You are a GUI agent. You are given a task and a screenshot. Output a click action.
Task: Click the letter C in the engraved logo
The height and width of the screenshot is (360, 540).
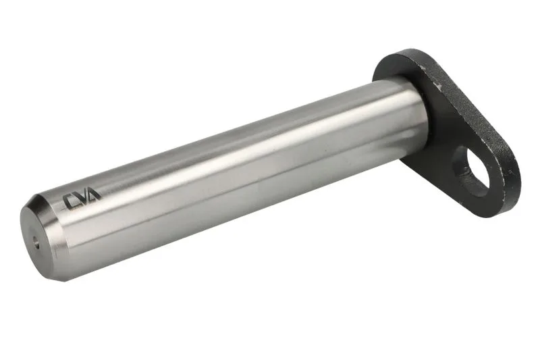point(71,201)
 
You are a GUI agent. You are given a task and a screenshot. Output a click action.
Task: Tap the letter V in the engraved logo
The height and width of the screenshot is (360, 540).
point(82,198)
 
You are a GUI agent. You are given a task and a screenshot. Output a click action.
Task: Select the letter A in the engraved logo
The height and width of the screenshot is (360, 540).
point(92,195)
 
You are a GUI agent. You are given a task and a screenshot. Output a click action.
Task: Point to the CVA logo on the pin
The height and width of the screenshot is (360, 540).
point(82,199)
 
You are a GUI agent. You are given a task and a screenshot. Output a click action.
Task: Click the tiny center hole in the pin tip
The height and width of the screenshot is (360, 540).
point(36,242)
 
